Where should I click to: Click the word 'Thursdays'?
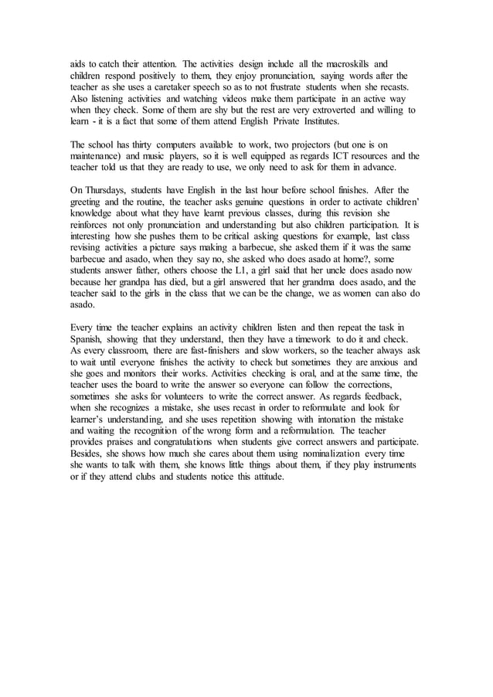pyautogui.click(x=107, y=190)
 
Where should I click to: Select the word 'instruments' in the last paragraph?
pyautogui.click(x=391, y=465)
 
